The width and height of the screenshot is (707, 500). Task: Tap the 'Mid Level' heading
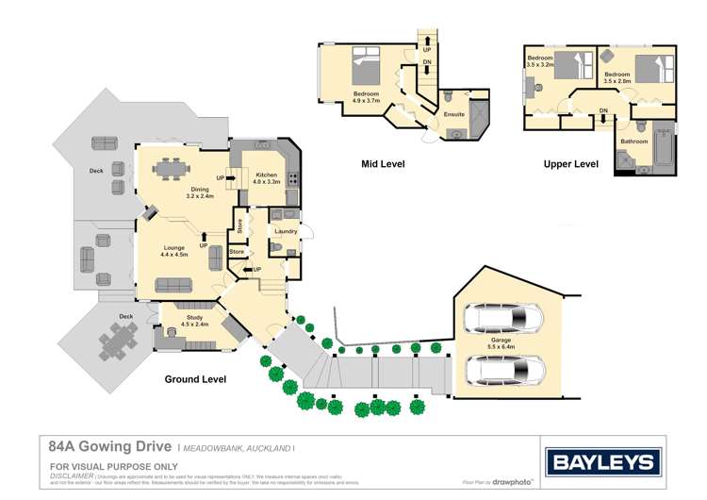pos(383,164)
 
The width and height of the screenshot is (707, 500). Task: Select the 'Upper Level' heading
pos(570,164)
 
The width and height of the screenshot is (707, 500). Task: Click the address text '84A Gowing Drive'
pos(110,446)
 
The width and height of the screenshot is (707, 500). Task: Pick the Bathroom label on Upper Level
pos(633,142)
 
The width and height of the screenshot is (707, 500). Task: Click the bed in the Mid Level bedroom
pos(367,68)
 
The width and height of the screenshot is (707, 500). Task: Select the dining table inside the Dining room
pos(171,169)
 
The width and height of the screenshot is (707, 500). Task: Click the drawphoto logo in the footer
pos(512,481)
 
